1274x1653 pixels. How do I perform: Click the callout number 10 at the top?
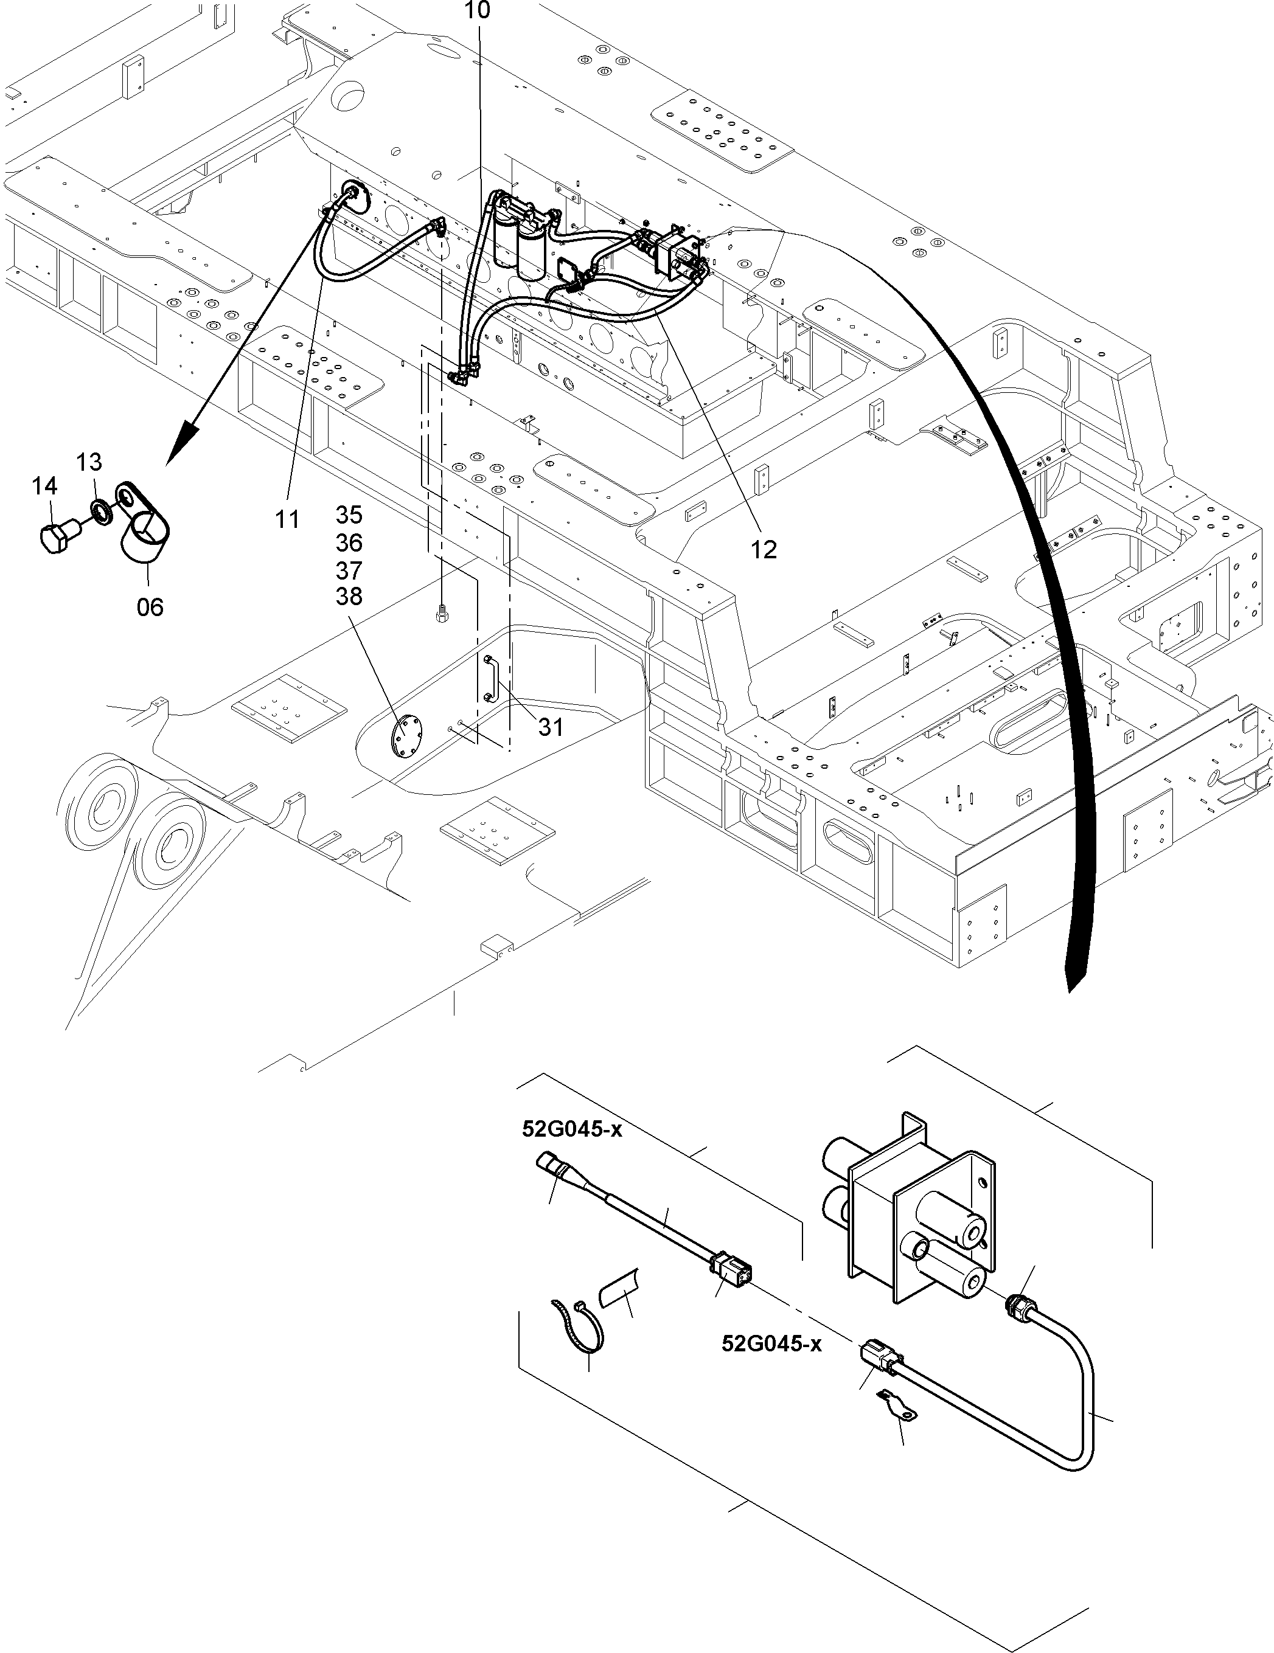[478, 10]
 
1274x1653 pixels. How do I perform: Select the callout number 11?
[287, 519]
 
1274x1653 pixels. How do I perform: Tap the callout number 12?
[764, 550]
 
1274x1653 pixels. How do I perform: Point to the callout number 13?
[89, 462]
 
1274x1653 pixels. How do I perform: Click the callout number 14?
[44, 486]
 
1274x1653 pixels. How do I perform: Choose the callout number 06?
[150, 606]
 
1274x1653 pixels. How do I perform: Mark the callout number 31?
[551, 727]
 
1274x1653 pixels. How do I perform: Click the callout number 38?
[349, 597]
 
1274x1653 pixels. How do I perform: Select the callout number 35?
[349, 516]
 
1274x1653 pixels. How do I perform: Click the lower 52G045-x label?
[771, 1344]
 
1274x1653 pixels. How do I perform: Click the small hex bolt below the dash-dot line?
[441, 613]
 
